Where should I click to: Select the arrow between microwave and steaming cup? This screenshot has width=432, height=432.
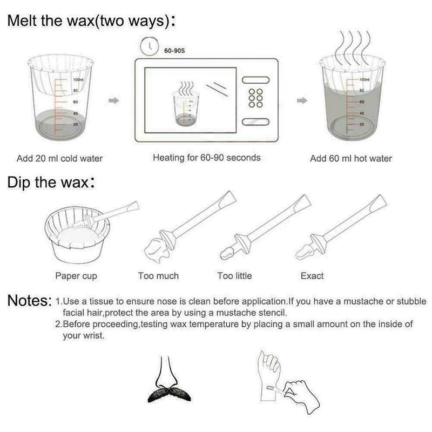pos(302,100)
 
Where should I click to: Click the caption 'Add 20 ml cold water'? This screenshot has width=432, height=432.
pos(59,158)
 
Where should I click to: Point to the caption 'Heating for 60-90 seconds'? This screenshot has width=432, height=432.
pos(207,158)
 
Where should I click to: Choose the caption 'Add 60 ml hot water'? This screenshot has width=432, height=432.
pos(351,158)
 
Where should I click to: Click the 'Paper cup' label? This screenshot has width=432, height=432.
pos(76,276)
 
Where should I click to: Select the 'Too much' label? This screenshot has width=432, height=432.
pos(158,276)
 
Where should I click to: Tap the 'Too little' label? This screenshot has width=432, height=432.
pos(234,276)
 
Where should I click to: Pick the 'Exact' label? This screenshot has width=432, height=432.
pos(312,276)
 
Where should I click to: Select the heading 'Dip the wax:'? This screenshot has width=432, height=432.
pos(52,183)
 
